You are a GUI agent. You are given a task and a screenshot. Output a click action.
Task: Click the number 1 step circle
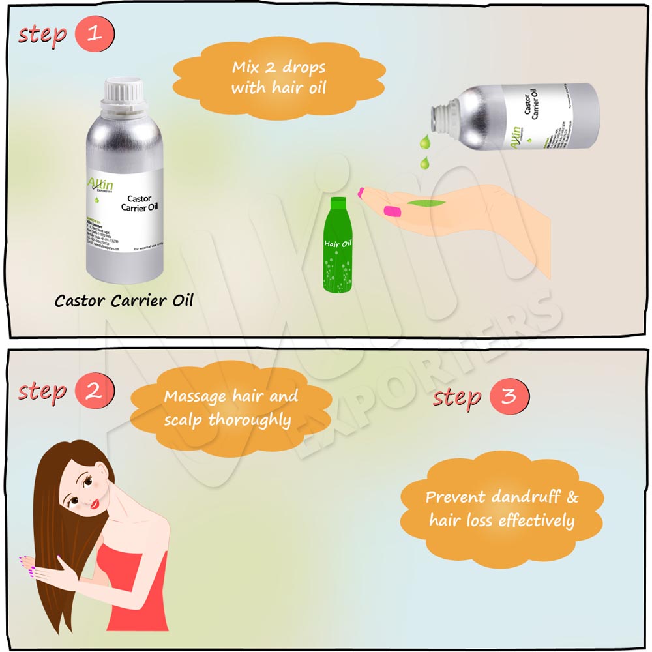tap(95, 35)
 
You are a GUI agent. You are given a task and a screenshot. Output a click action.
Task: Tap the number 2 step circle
tap(95, 391)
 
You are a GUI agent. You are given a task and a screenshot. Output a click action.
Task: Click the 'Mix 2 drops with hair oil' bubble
tap(278, 78)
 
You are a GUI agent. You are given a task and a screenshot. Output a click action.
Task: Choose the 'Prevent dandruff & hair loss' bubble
tap(501, 509)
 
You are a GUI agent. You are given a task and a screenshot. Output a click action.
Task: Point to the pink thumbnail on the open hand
tap(391, 211)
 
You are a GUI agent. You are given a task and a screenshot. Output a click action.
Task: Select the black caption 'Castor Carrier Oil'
tap(124, 301)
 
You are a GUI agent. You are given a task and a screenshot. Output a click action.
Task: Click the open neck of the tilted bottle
tap(439, 117)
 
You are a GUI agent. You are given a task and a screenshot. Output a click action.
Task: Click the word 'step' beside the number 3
tap(457, 397)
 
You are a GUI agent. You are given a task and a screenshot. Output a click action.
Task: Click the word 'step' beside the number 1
tap(42, 35)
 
